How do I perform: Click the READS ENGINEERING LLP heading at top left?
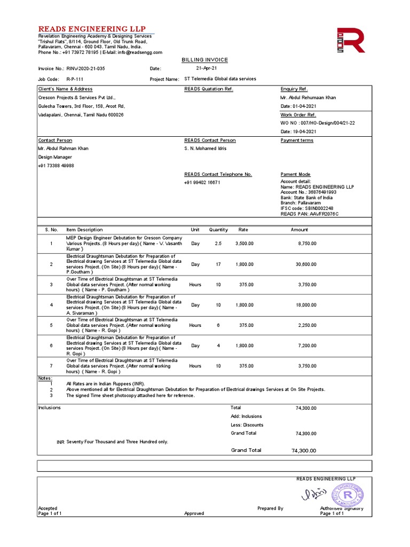pos(91,29)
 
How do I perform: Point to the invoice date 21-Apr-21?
pos(206,69)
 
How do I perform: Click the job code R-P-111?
pos(75,79)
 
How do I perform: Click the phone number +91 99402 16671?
pos(202,183)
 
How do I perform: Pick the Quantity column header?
pos(218,230)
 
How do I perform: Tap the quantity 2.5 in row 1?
pos(218,244)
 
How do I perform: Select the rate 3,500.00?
pos(245,244)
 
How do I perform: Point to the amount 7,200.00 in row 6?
pos(307,346)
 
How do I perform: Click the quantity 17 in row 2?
pos(218,264)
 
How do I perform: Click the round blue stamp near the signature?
pos(347,495)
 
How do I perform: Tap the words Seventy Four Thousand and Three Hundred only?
pos(117,442)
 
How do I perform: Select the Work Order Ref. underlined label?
pos(298,115)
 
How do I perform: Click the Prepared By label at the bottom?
pos(270,509)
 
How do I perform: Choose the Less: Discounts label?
pos(247,425)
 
